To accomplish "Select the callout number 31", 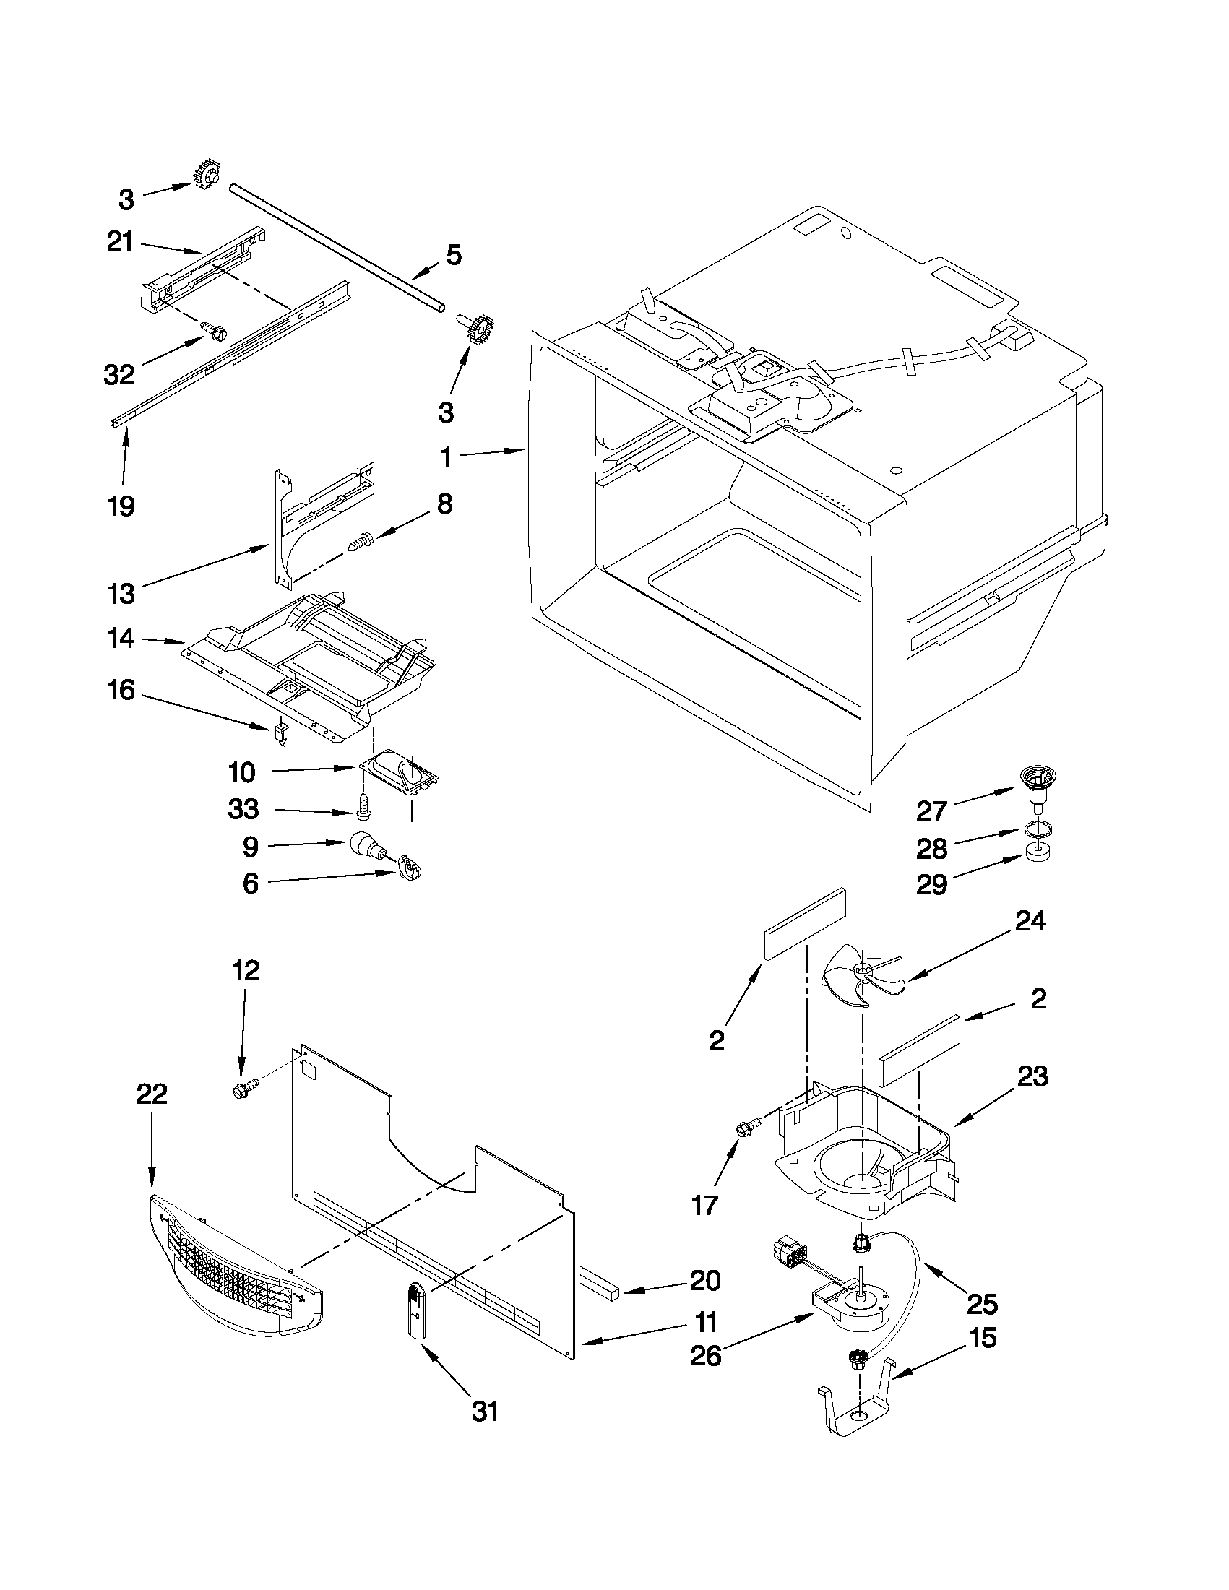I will pos(485,1412).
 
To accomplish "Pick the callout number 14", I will pos(121,639).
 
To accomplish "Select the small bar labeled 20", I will pos(600,1282).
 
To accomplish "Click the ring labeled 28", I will pos(1035,829).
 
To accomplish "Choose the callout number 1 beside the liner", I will pos(446,458).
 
